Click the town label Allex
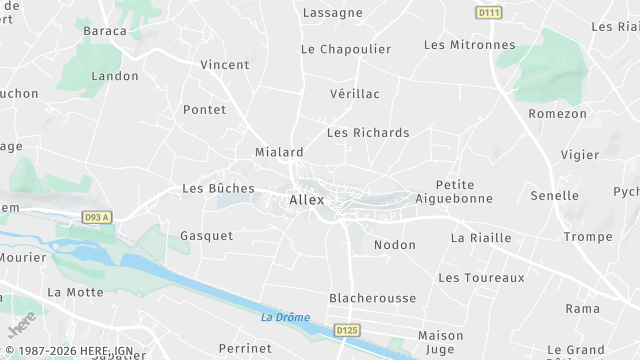tap(306, 200)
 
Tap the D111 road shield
tap(487, 11)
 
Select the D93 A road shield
tap(97, 217)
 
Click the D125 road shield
tap(346, 330)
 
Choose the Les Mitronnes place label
tap(469, 45)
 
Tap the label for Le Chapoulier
tap(345, 49)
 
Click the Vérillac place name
tap(354, 93)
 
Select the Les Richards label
tap(368, 133)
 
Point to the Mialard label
tap(279, 153)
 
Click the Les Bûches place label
tap(218, 188)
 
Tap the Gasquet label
tap(206, 236)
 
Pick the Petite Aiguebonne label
tap(464, 191)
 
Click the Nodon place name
tap(394, 245)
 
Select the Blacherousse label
tap(372, 298)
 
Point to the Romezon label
tap(557, 114)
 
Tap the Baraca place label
tap(105, 31)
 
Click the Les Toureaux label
tap(481, 278)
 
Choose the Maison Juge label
tap(440, 342)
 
